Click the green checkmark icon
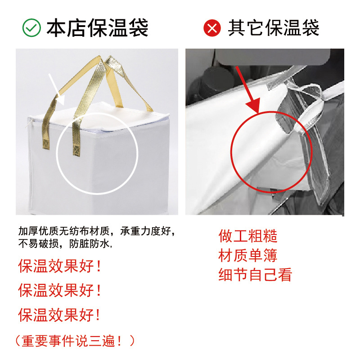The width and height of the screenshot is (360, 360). click(x=32, y=28)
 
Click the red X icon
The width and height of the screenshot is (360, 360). click(x=212, y=28)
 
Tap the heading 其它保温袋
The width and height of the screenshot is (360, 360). click(x=274, y=28)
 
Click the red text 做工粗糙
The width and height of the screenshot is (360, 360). click(x=248, y=236)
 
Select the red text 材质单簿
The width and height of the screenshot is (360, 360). click(x=248, y=255)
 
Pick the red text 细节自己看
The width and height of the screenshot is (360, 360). click(x=256, y=274)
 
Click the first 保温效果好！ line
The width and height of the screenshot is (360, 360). click(x=60, y=266)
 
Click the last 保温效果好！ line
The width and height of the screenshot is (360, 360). click(x=60, y=314)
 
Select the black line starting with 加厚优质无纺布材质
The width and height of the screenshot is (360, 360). click(x=96, y=232)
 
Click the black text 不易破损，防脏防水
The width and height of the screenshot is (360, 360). click(x=65, y=244)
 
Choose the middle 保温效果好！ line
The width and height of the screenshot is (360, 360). click(x=60, y=290)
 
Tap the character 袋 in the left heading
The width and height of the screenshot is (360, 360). click(x=139, y=28)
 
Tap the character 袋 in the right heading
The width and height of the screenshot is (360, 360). click(x=311, y=28)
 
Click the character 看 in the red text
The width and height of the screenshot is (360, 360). click(x=285, y=274)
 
